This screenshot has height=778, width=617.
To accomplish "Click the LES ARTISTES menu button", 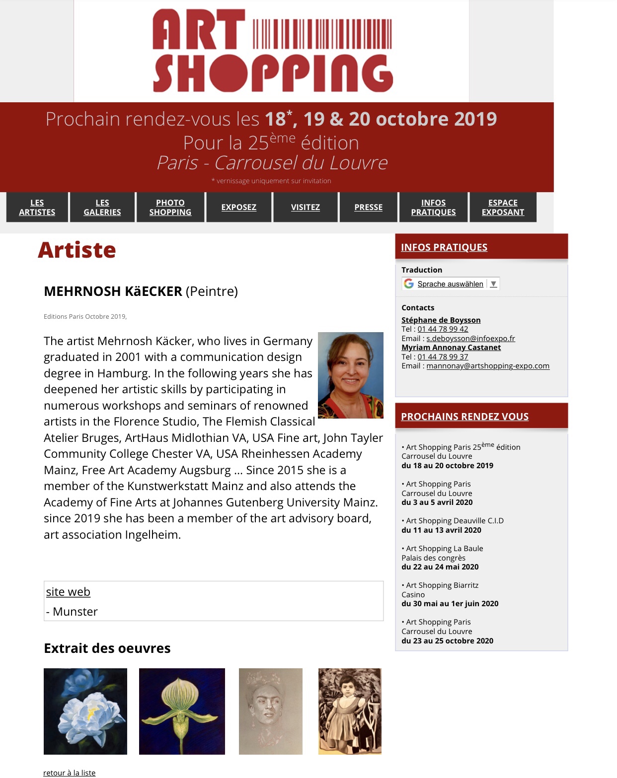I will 37,207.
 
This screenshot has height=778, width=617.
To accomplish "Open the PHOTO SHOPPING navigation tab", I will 170,207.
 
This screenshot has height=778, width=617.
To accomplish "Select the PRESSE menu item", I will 368,207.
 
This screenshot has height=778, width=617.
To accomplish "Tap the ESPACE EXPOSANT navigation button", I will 503,207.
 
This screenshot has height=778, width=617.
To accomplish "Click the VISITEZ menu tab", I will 305,207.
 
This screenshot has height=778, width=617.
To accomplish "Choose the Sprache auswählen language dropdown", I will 450,283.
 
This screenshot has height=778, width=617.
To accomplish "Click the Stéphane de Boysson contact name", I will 441,320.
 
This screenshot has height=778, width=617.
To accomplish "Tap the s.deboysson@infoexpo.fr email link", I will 470,338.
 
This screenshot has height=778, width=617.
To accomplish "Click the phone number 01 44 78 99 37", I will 443,356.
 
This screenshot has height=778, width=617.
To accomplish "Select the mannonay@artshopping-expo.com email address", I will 488,366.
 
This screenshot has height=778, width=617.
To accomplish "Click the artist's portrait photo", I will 350,375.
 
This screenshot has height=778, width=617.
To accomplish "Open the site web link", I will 68,592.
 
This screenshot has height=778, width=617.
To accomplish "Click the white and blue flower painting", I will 85,711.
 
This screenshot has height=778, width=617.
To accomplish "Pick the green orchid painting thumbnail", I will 182,711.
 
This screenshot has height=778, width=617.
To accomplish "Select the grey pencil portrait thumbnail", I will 270,711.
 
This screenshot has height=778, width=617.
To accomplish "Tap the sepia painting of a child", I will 350,711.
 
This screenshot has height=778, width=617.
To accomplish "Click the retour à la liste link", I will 69,773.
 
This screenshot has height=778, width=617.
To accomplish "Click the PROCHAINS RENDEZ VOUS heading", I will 464,417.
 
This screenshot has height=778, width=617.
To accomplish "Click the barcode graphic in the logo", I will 322,34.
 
